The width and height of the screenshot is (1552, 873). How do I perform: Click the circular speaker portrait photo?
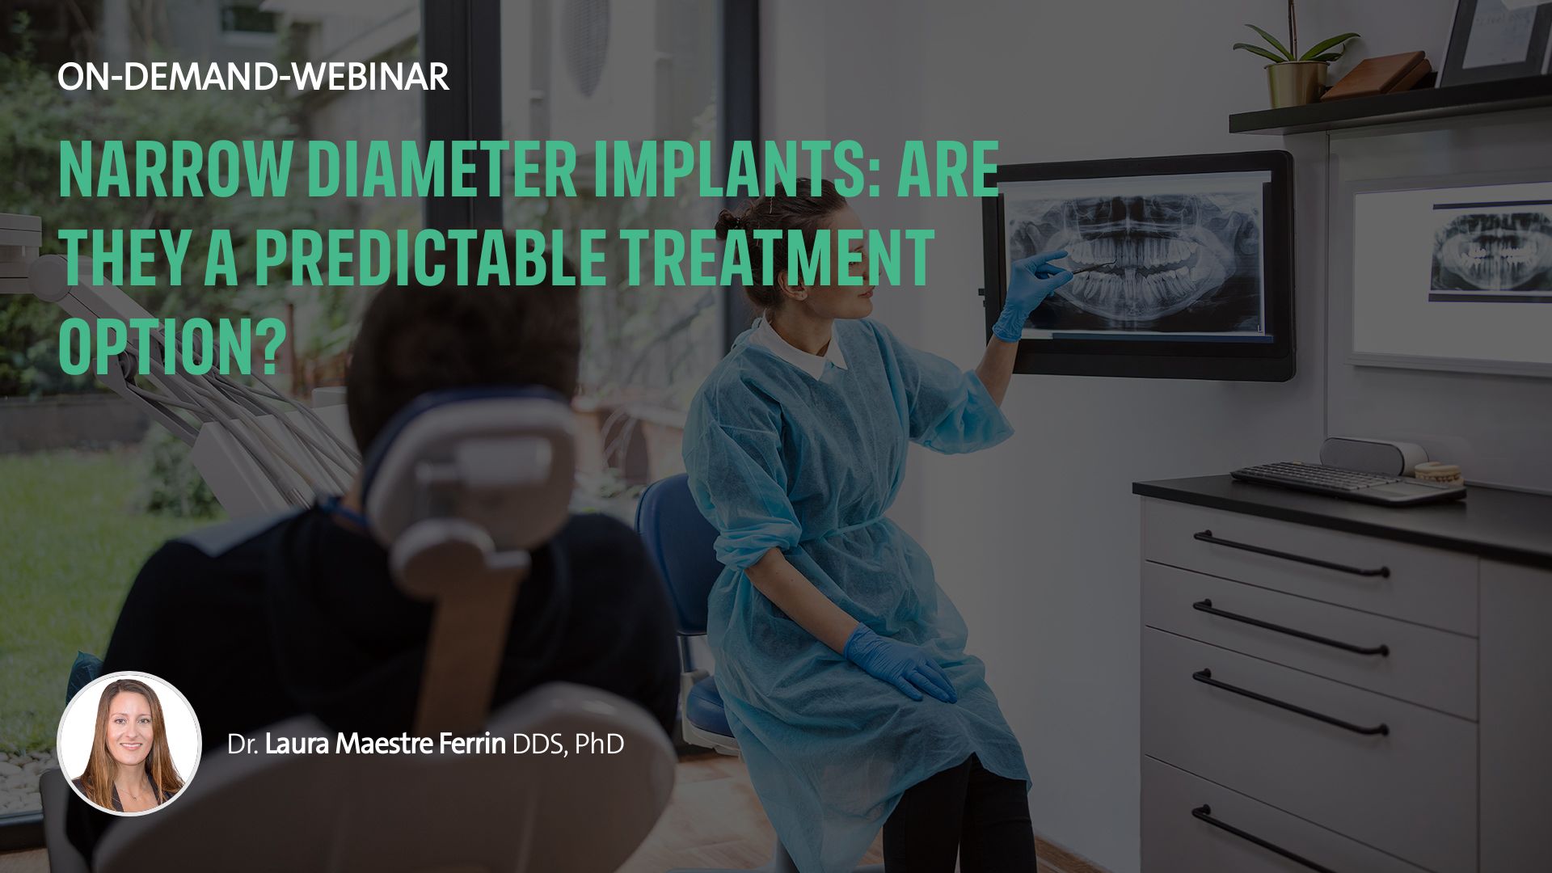tap(129, 743)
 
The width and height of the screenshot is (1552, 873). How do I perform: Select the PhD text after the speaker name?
tap(599, 744)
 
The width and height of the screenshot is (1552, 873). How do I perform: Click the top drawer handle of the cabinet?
tap(1291, 554)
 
